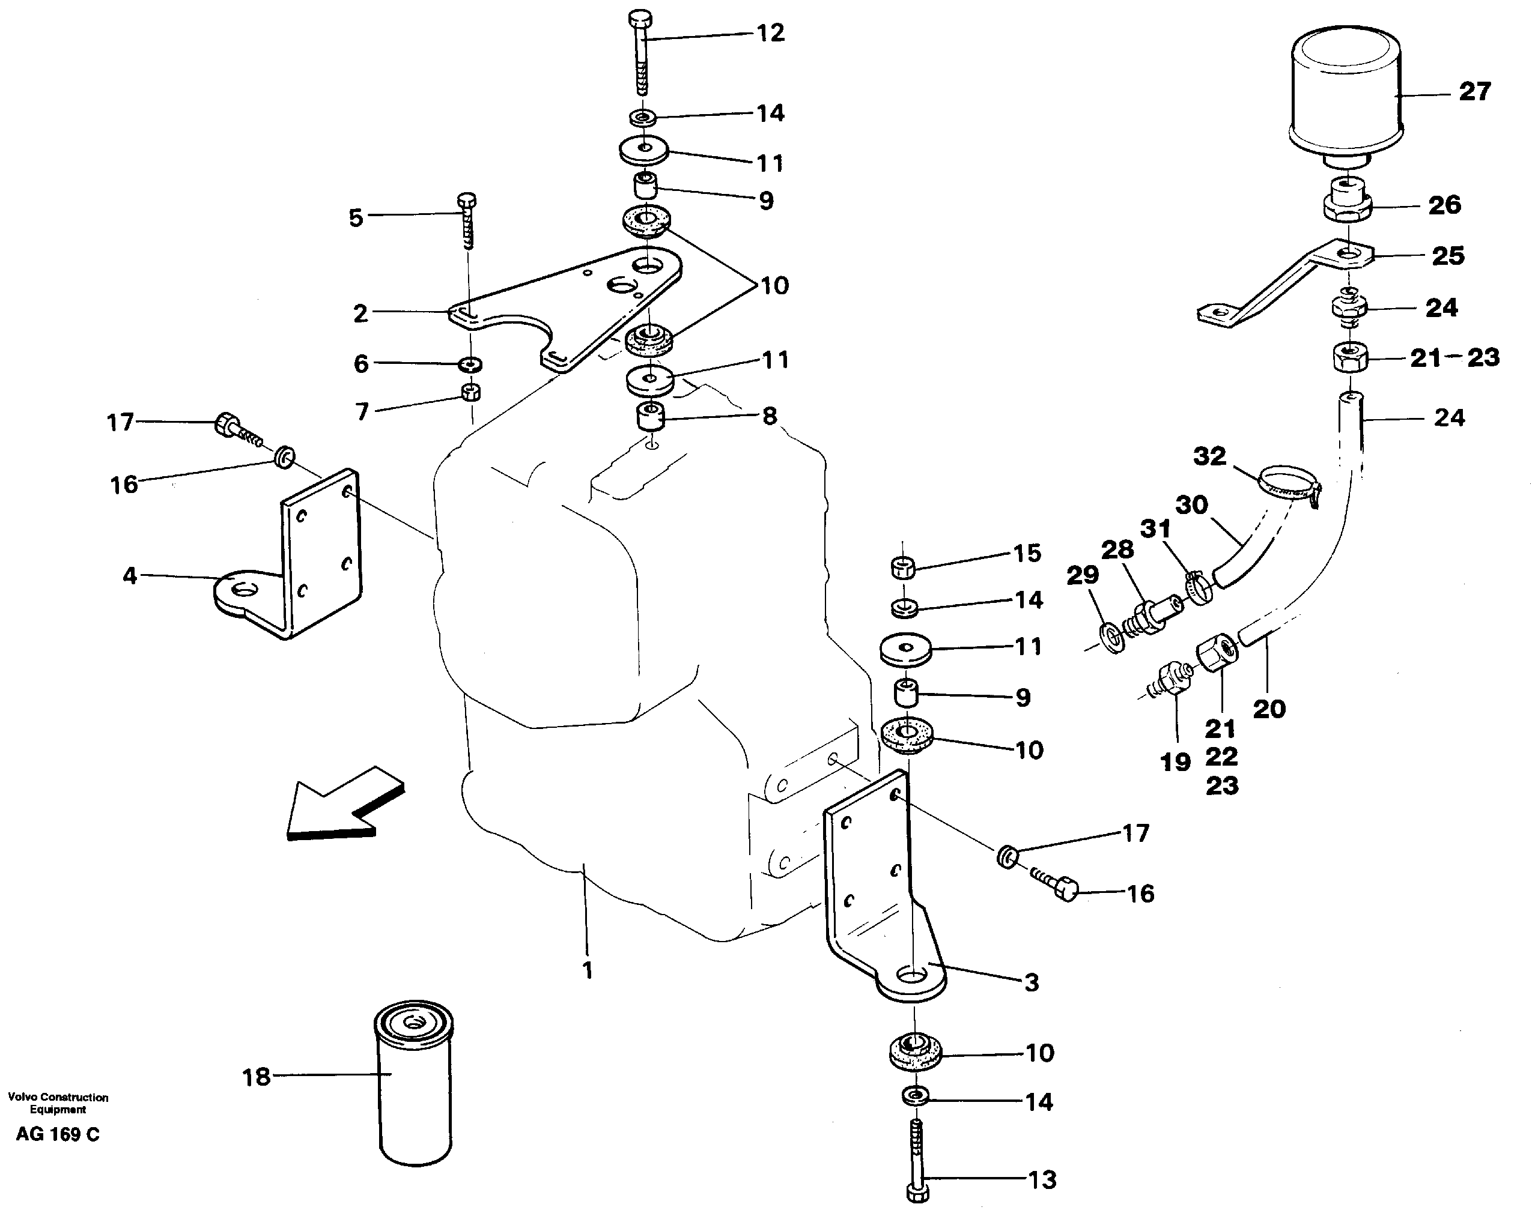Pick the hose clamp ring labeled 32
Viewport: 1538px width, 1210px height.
coord(1289,482)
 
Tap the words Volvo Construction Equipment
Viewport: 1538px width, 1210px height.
coord(58,1103)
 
